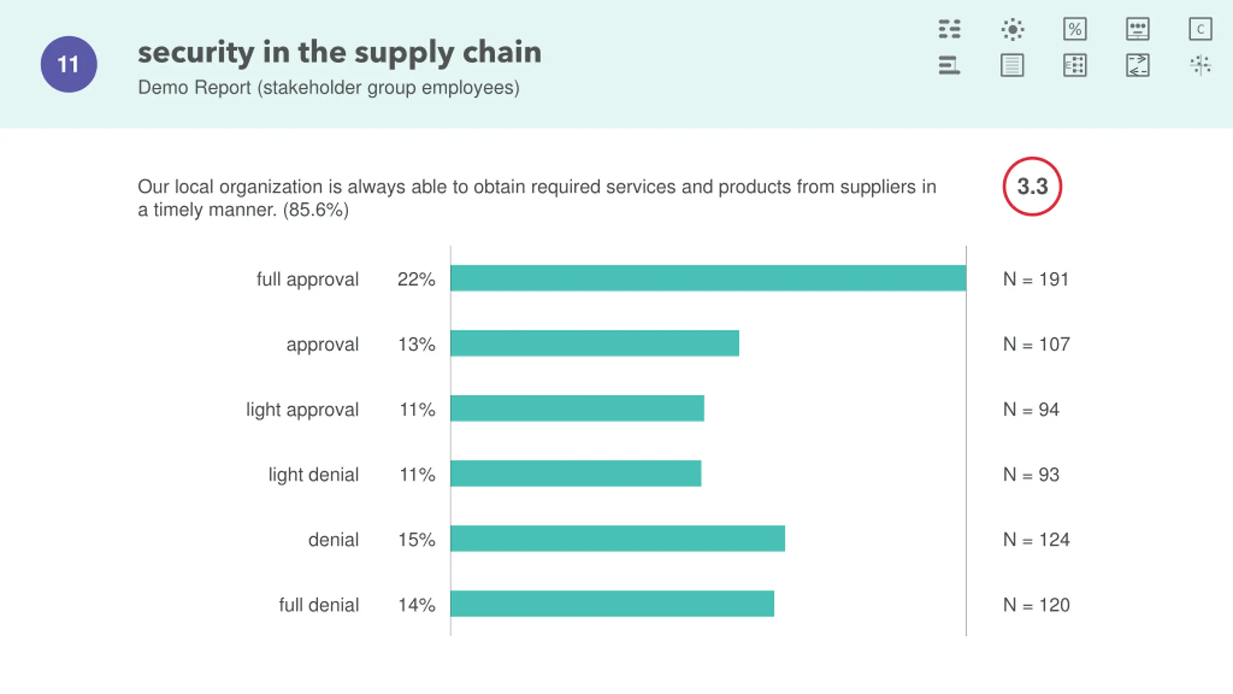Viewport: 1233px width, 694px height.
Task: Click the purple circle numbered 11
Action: pyautogui.click(x=68, y=64)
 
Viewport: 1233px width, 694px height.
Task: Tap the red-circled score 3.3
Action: pyautogui.click(x=1032, y=187)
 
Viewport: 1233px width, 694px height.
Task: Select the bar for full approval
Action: pyautogui.click(x=708, y=278)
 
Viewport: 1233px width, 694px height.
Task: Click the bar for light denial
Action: pyautogui.click(x=576, y=473)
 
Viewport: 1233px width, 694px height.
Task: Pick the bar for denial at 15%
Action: pyautogui.click(x=617, y=538)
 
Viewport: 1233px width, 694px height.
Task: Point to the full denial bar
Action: pyautogui.click(x=612, y=603)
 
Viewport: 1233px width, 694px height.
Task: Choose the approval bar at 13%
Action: pyautogui.click(x=594, y=343)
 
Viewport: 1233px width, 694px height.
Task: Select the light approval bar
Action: pyautogui.click(x=577, y=408)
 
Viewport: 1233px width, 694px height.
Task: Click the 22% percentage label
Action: pyautogui.click(x=416, y=279)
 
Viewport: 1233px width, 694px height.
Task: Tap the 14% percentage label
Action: pyautogui.click(x=416, y=605)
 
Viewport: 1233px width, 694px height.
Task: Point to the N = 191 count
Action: pyautogui.click(x=1036, y=279)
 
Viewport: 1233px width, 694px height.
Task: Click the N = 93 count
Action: pyautogui.click(x=1031, y=475)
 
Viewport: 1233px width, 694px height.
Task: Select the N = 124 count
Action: pyautogui.click(x=1036, y=540)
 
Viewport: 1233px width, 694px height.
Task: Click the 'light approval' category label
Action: pyautogui.click(x=302, y=410)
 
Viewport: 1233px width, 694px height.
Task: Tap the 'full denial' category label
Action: pyautogui.click(x=319, y=605)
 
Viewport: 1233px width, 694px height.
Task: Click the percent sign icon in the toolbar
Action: pyautogui.click(x=1075, y=29)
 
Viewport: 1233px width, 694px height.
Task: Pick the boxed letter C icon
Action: pyautogui.click(x=1200, y=29)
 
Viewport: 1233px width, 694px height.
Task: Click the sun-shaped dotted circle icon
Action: pyautogui.click(x=1012, y=29)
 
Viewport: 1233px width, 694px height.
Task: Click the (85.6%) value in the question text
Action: pyautogui.click(x=315, y=210)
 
